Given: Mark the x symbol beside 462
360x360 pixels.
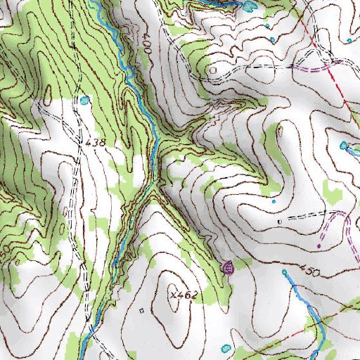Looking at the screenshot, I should [172, 295].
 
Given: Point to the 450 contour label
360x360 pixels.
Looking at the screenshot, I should [310, 271].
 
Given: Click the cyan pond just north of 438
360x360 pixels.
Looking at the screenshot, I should [85, 100].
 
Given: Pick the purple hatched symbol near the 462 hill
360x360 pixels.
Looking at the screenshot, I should [227, 267].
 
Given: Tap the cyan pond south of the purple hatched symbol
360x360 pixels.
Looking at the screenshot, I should [225, 348].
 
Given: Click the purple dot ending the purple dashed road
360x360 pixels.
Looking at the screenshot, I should [319, 247].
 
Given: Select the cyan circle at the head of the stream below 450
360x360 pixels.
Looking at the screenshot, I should [285, 271].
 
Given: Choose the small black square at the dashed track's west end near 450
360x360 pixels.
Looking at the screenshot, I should [279, 221].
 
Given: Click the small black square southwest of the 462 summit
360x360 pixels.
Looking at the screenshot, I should [141, 309].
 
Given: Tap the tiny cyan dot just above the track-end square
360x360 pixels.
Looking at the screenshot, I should [274, 202].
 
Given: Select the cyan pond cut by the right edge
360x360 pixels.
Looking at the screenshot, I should [344, 146].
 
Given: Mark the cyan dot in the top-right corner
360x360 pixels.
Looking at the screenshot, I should [349, 40].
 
